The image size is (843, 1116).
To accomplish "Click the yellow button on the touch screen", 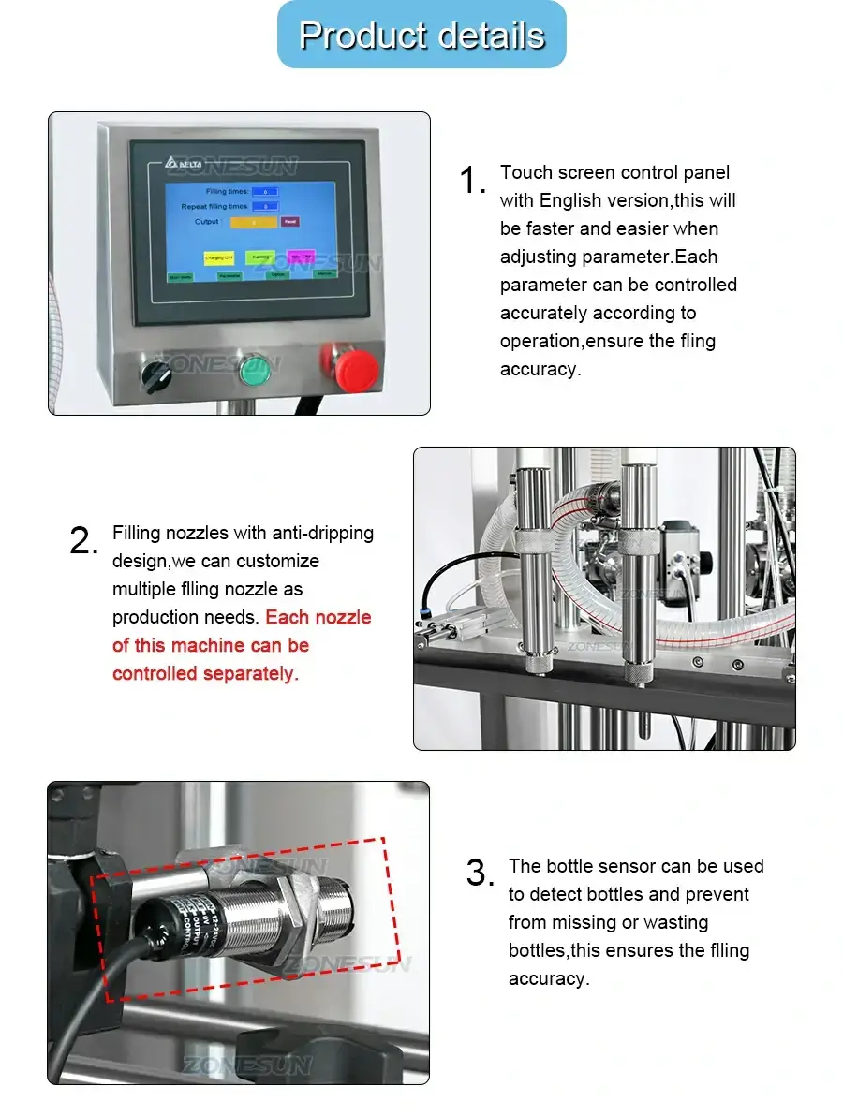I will [x=219, y=257].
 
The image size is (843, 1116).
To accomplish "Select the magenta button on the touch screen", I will [x=301, y=256].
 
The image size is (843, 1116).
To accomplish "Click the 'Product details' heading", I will [x=421, y=35].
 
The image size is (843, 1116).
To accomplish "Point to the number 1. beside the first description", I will [x=472, y=181].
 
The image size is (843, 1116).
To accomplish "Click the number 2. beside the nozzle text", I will [x=83, y=541].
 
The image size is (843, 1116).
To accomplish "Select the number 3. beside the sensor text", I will [x=480, y=874].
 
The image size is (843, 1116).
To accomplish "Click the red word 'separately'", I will [x=251, y=673].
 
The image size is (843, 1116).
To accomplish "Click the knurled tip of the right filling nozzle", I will [x=638, y=670].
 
